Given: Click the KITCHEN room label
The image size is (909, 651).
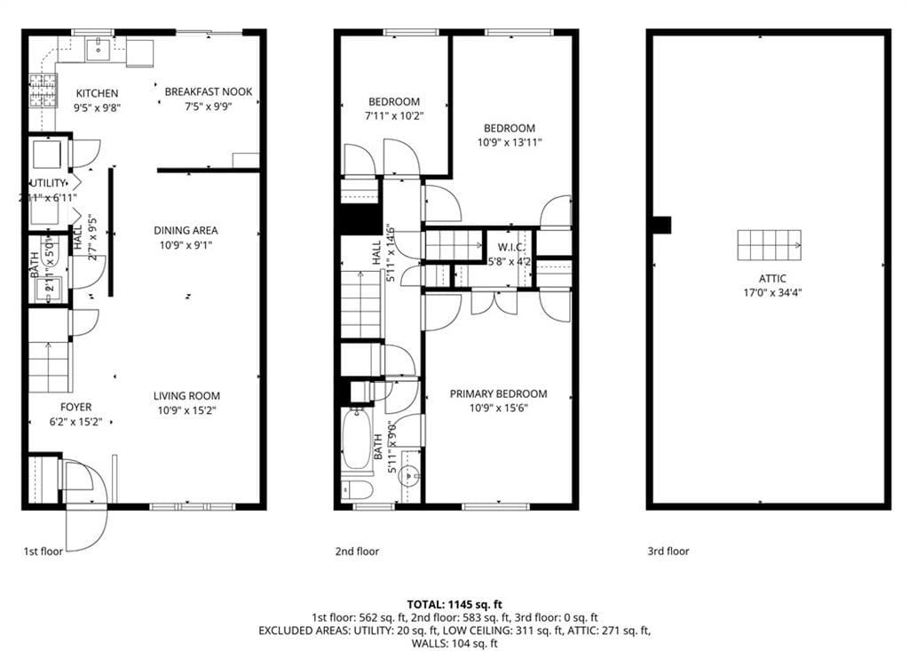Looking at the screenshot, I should [97, 93].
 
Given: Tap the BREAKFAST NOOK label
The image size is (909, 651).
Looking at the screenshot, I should [209, 91].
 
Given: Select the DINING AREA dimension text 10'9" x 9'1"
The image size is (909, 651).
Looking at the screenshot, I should [186, 245].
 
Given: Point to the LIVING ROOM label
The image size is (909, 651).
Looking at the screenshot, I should [186, 396].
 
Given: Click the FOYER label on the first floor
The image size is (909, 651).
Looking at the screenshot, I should [75, 407].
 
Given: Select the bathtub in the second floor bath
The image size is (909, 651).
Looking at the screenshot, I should [357, 439].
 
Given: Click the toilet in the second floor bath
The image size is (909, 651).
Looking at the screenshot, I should [357, 489].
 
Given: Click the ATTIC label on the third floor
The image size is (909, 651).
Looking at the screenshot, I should [769, 278].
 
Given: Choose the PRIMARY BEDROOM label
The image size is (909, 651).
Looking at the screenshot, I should [498, 393].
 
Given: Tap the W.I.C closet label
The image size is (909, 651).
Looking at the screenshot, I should [509, 247].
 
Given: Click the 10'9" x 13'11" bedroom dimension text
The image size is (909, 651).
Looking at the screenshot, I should [510, 142].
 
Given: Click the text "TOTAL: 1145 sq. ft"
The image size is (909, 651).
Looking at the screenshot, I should [454, 604].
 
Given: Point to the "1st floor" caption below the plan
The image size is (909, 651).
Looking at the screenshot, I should [43, 552].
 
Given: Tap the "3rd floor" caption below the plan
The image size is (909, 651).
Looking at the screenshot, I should [668, 552].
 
